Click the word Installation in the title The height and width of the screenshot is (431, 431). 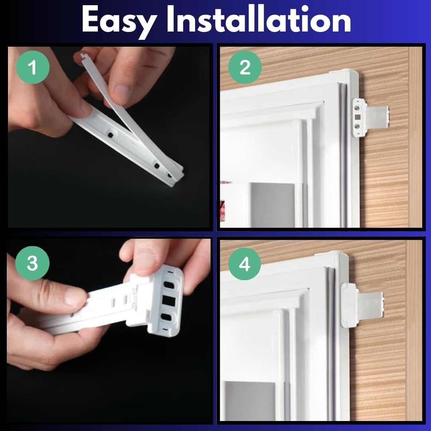tap(258, 19)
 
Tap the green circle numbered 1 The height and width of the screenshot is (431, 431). tap(33, 67)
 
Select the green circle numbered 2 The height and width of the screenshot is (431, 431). tap(245, 67)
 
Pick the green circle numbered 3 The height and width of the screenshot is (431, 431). tap(32, 263)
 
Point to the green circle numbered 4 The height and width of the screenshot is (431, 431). tap(244, 264)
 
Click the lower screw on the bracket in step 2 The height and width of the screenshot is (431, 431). tap(357, 127)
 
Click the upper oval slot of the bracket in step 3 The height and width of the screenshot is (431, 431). tap(169, 285)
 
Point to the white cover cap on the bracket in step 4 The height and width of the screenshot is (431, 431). tap(349, 305)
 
